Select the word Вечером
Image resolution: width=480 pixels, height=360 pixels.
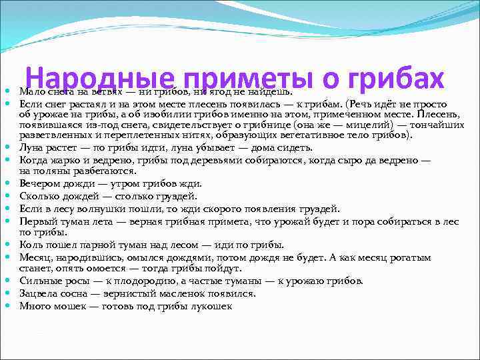click(39, 183)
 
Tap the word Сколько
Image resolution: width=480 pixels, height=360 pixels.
click(39, 195)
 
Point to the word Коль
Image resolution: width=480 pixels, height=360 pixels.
click(31, 245)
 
